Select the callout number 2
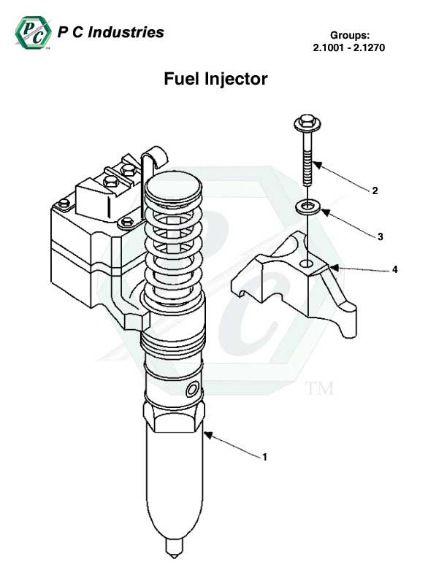375,191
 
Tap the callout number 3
380,236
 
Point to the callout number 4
394,269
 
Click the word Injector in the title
239,78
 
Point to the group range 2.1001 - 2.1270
348,48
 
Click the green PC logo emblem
30,33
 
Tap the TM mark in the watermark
318,388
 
